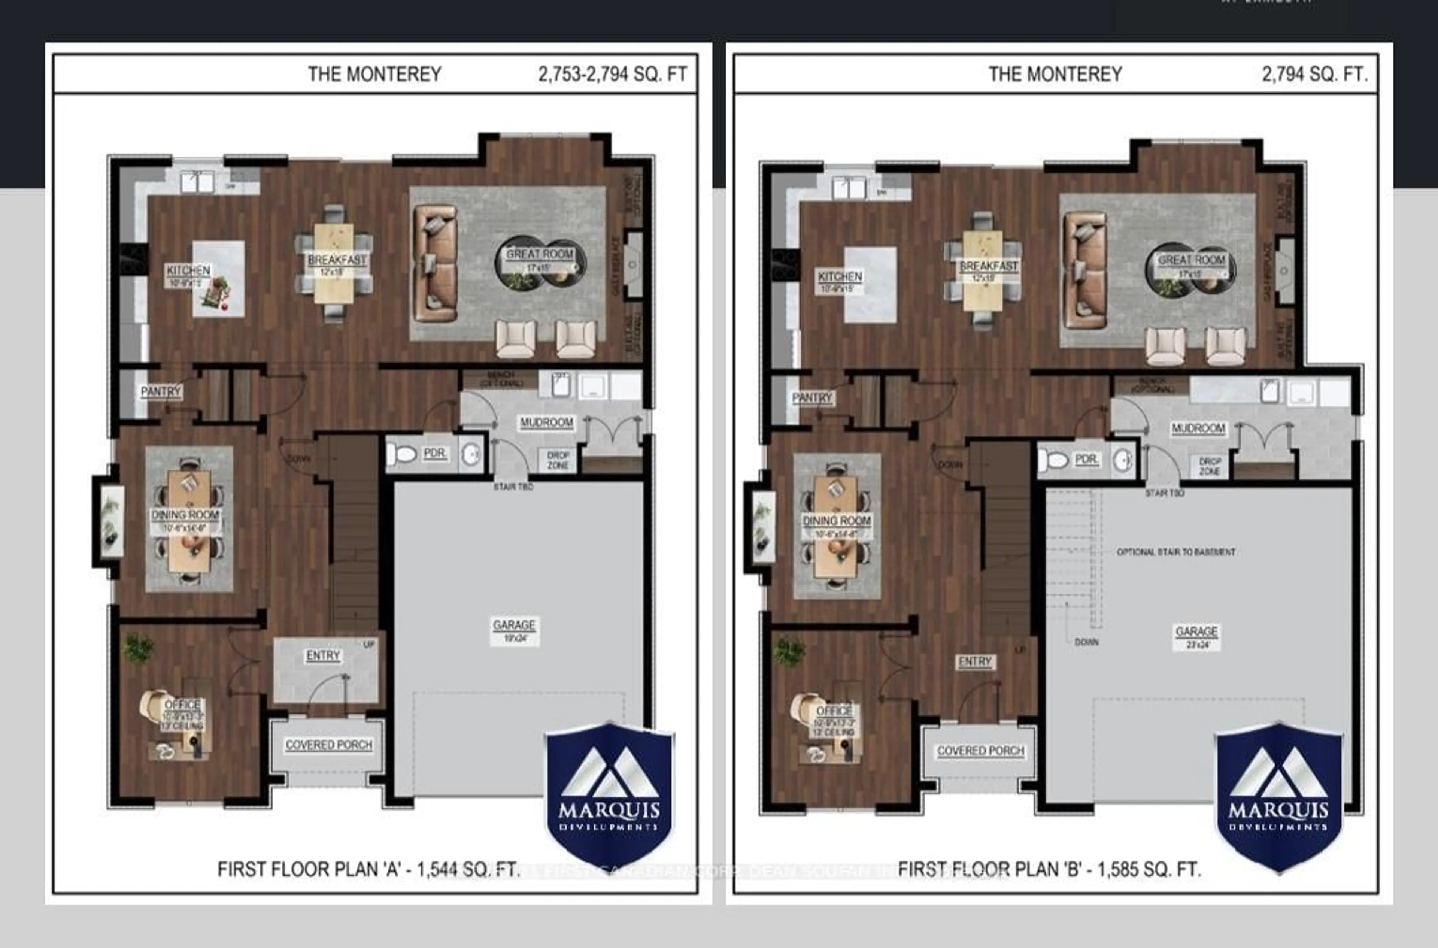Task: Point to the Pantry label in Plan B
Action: [812, 398]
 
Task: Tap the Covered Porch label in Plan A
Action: [329, 745]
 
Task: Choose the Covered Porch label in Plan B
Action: [980, 751]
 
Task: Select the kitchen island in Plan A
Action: [219, 279]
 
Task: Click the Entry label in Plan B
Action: [974, 662]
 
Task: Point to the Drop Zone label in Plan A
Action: [558, 460]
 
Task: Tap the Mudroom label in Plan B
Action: [1198, 428]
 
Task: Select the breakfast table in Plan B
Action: [983, 270]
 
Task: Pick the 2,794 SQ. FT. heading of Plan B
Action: [1314, 75]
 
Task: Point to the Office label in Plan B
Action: [834, 711]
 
